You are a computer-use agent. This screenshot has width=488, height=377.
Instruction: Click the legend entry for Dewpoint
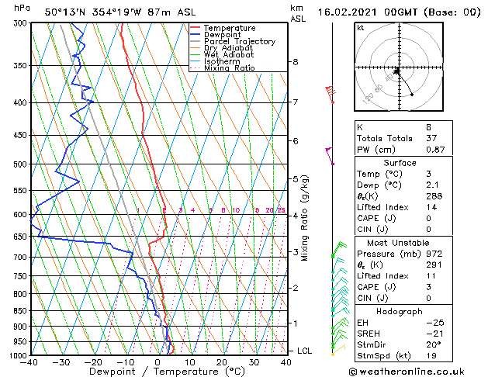click(222, 35)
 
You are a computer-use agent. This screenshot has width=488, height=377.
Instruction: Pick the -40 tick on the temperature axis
click(30, 362)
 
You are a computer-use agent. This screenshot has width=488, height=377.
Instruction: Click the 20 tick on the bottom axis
click(222, 362)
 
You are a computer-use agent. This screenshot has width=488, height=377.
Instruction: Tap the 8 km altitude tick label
click(295, 62)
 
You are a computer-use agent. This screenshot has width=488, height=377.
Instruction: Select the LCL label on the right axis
click(305, 351)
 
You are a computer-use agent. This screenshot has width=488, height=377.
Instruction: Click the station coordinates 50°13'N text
click(67, 12)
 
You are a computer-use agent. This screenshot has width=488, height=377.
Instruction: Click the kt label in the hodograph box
click(360, 27)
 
